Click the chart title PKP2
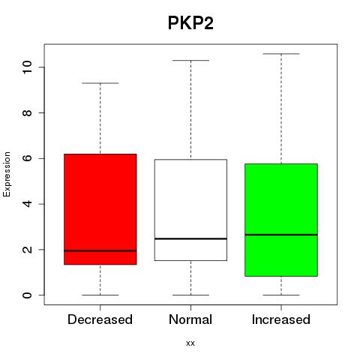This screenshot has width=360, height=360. [x=190, y=23]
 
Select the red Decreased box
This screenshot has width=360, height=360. [x=100, y=209]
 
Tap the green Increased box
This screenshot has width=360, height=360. [x=281, y=220]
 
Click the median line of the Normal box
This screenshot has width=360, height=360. [x=190, y=238]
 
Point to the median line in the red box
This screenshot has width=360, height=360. [x=100, y=250]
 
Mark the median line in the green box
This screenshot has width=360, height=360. [x=281, y=235]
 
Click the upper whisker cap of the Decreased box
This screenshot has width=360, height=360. [x=100, y=83]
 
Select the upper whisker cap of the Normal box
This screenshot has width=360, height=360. [x=190, y=60]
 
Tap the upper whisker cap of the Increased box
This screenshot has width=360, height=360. [x=281, y=54]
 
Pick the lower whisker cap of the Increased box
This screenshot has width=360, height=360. [x=281, y=295]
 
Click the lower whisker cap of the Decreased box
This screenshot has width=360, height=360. [x=100, y=295]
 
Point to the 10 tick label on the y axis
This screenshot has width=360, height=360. [x=27, y=67]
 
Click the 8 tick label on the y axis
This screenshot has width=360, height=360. [x=27, y=112]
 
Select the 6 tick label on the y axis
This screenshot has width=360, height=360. [x=27, y=158]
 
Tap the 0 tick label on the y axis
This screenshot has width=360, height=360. [x=27, y=295]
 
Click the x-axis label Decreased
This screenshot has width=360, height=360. [x=100, y=319]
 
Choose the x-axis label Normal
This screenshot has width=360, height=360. [x=190, y=319]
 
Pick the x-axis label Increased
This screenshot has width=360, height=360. [x=281, y=319]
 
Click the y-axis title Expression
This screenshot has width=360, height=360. [x=7, y=174]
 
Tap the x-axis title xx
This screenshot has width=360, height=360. [x=190, y=343]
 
